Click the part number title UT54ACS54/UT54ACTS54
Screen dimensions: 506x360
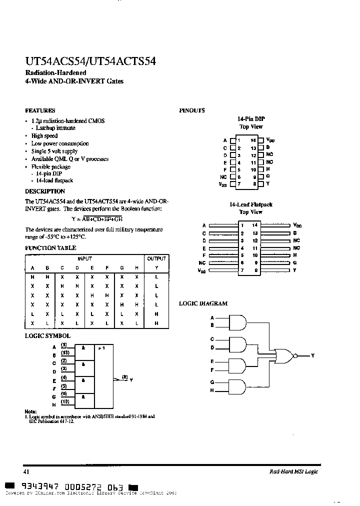[x=90, y=61]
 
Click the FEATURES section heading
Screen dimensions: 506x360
[x=40, y=110]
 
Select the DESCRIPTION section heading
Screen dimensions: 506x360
[x=45, y=191]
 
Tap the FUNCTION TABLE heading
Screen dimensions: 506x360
[x=50, y=248]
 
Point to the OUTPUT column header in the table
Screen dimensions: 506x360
[x=156, y=258]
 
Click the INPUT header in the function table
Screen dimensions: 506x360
[x=84, y=258]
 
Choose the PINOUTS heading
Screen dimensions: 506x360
[x=191, y=110]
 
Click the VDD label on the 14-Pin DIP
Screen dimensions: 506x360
[x=270, y=140]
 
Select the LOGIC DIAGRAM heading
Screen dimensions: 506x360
[x=203, y=303]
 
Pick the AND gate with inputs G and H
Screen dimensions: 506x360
[x=238, y=386]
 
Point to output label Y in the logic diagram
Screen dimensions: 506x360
[x=313, y=355]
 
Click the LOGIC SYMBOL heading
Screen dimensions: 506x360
[x=47, y=336]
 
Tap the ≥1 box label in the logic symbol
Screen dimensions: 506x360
[x=101, y=346]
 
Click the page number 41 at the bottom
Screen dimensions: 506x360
[x=27, y=471]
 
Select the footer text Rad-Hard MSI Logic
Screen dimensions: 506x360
[x=293, y=471]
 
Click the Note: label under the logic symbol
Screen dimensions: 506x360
[x=30, y=411]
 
